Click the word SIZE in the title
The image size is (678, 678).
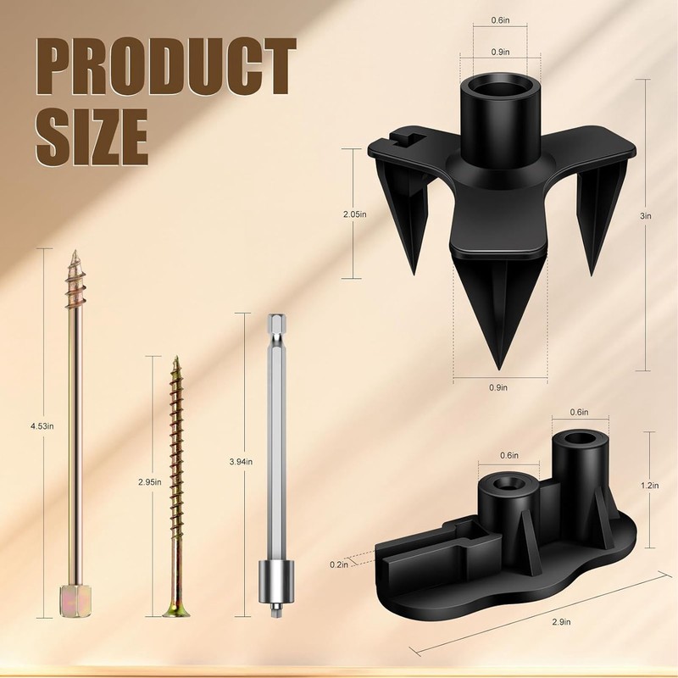coord(92,137)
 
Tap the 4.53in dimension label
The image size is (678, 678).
coord(42,426)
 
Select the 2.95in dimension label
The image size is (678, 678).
coord(150,482)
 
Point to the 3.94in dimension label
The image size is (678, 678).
coord(241,462)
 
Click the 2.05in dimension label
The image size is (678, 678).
coord(355,214)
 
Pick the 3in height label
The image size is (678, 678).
coord(646,216)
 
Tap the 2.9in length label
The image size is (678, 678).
coord(561,622)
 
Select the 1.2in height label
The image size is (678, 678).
coord(650,486)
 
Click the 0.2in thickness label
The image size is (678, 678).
coord(338,564)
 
